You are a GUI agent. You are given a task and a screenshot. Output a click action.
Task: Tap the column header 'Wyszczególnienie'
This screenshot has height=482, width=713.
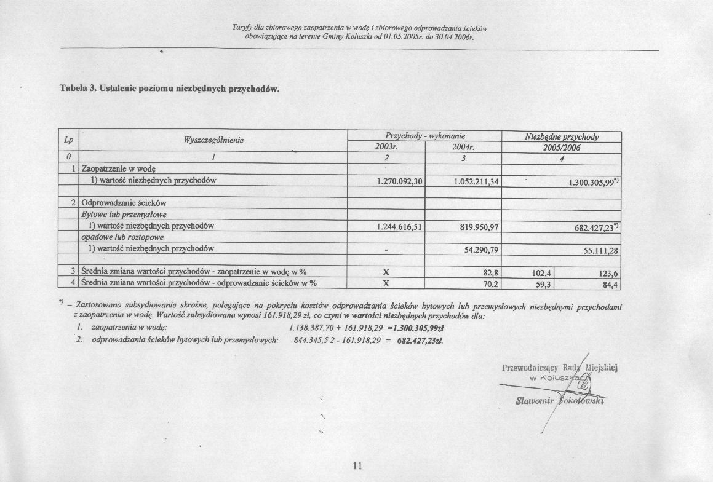(x=214, y=141)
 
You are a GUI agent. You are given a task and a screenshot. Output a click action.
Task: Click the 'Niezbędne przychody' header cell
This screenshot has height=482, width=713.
(x=562, y=137)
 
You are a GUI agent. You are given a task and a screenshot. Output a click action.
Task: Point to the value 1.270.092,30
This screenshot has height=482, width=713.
(x=398, y=181)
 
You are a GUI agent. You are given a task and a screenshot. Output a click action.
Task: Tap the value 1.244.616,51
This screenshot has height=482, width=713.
(x=398, y=227)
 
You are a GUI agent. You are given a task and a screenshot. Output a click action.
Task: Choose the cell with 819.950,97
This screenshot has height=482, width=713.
(x=479, y=227)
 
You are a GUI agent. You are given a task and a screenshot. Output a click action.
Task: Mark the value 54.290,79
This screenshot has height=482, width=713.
(x=481, y=250)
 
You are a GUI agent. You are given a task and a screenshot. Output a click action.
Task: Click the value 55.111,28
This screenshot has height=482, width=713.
(x=600, y=250)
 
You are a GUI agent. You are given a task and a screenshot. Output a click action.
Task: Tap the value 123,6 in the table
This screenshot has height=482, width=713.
(x=608, y=273)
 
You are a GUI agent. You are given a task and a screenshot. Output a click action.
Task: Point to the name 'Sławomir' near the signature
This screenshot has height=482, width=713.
(x=533, y=401)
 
